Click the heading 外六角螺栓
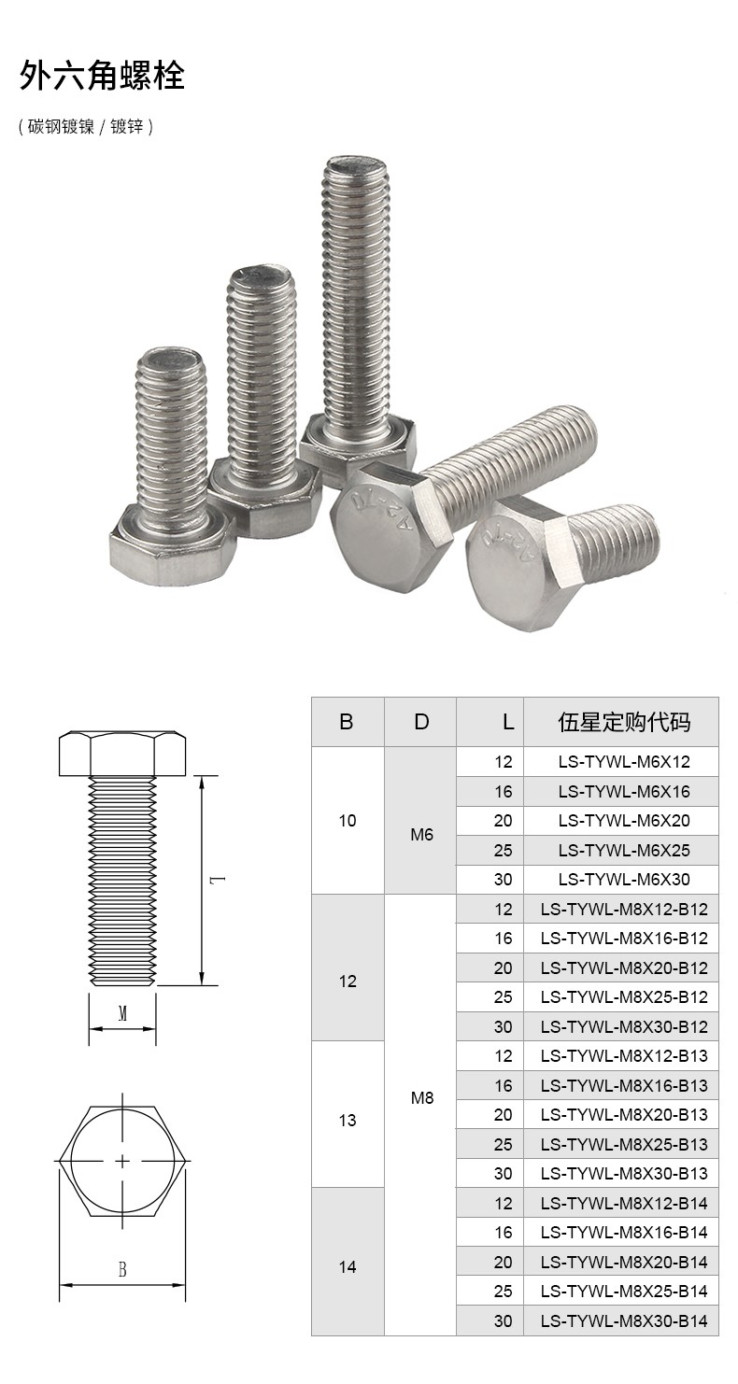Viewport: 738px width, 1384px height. (x=102, y=76)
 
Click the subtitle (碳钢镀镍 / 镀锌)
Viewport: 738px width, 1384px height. (x=85, y=127)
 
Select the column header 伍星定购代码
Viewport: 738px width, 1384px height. (x=624, y=722)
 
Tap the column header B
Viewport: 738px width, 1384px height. (x=347, y=722)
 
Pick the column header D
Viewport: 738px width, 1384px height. (x=421, y=722)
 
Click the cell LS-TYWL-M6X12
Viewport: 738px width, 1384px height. (x=624, y=762)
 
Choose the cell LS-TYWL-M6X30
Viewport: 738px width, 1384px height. (x=624, y=879)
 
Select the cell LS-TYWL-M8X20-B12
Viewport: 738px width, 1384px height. (x=624, y=967)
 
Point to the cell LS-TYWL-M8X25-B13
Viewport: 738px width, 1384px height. (x=624, y=1144)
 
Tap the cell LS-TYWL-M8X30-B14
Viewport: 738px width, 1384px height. (x=624, y=1321)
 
